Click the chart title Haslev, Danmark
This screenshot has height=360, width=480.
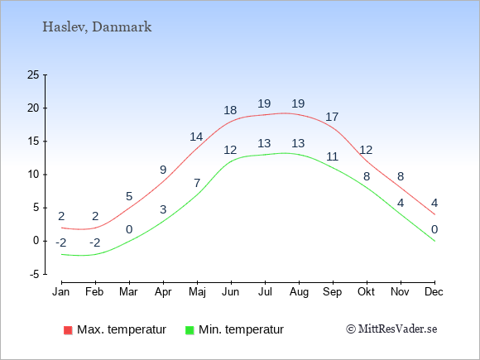(97, 27)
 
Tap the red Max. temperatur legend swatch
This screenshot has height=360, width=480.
(68, 330)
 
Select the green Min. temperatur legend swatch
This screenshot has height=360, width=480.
(190, 330)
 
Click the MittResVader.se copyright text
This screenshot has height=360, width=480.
(391, 329)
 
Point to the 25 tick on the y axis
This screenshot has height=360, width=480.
(33, 74)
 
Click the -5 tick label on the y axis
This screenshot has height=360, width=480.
(35, 274)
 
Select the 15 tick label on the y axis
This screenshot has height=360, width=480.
(33, 142)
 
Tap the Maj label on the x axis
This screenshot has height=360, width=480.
(197, 292)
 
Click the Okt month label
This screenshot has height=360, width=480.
(366, 292)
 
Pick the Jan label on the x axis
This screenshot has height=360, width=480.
(61, 292)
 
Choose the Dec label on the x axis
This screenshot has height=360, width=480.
(434, 292)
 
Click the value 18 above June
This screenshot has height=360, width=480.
(230, 110)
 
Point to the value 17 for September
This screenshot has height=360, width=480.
(332, 117)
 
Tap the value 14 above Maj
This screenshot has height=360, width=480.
(196, 137)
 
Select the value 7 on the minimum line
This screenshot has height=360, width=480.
(197, 184)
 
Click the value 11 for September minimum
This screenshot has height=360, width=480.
(332, 156)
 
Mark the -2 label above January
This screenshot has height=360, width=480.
(61, 243)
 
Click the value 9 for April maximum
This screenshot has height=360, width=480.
(163, 170)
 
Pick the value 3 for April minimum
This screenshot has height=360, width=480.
(163, 209)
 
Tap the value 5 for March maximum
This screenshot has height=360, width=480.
(129, 196)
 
